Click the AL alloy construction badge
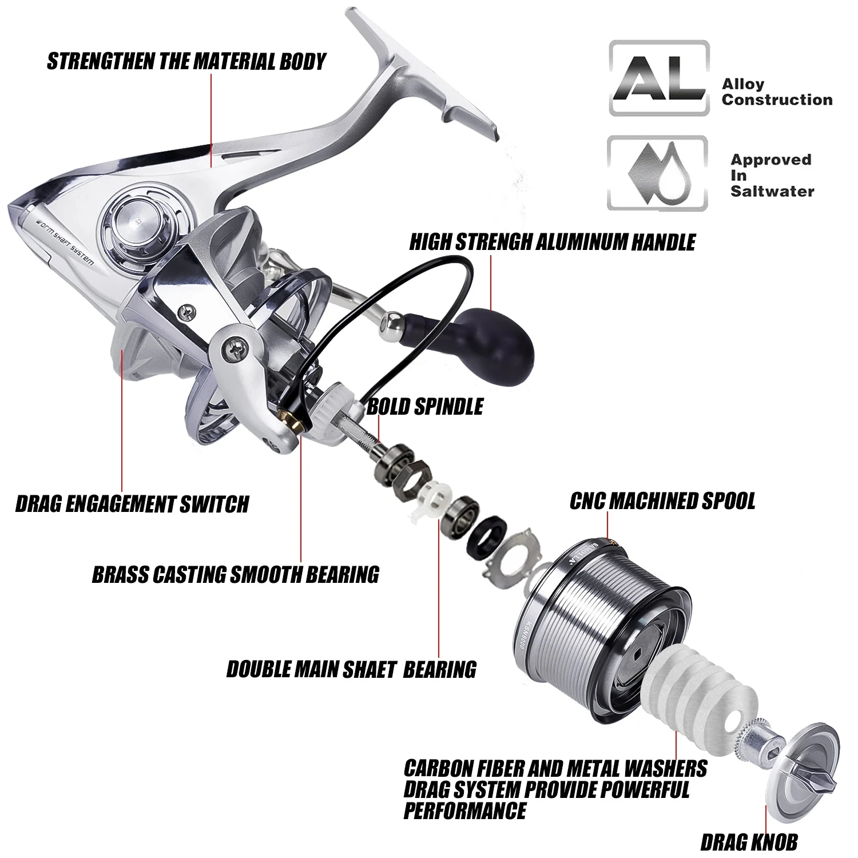658,78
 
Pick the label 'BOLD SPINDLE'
424,407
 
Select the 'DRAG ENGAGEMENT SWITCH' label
132,504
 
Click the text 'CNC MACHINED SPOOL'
662,500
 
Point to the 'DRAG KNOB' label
749,841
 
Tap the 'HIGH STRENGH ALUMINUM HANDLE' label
551,242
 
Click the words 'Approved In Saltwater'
772,175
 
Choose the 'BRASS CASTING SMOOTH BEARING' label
235,574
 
